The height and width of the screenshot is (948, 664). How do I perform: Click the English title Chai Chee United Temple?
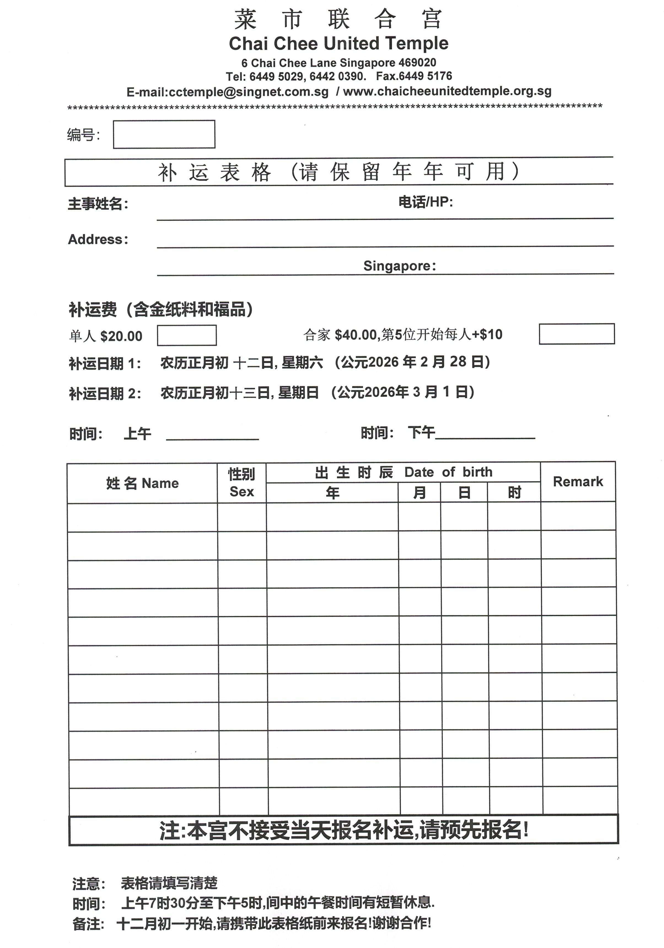338,43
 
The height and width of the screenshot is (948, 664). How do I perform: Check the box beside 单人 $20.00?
187,335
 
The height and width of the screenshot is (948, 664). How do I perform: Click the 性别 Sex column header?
241,483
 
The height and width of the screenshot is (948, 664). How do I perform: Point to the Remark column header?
577,481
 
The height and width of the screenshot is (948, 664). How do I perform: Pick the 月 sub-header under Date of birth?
419,493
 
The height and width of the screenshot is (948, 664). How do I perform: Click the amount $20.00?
121,336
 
